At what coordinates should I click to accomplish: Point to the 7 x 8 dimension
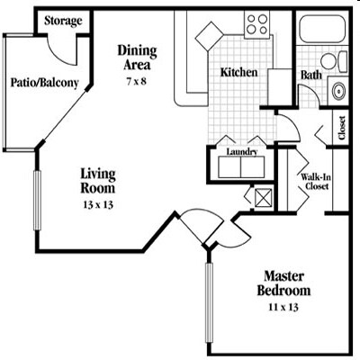(139, 82)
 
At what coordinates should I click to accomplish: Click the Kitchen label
(240, 72)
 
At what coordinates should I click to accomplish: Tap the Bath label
(312, 76)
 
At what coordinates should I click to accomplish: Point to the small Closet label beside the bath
(342, 129)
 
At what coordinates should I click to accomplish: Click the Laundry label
(243, 152)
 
